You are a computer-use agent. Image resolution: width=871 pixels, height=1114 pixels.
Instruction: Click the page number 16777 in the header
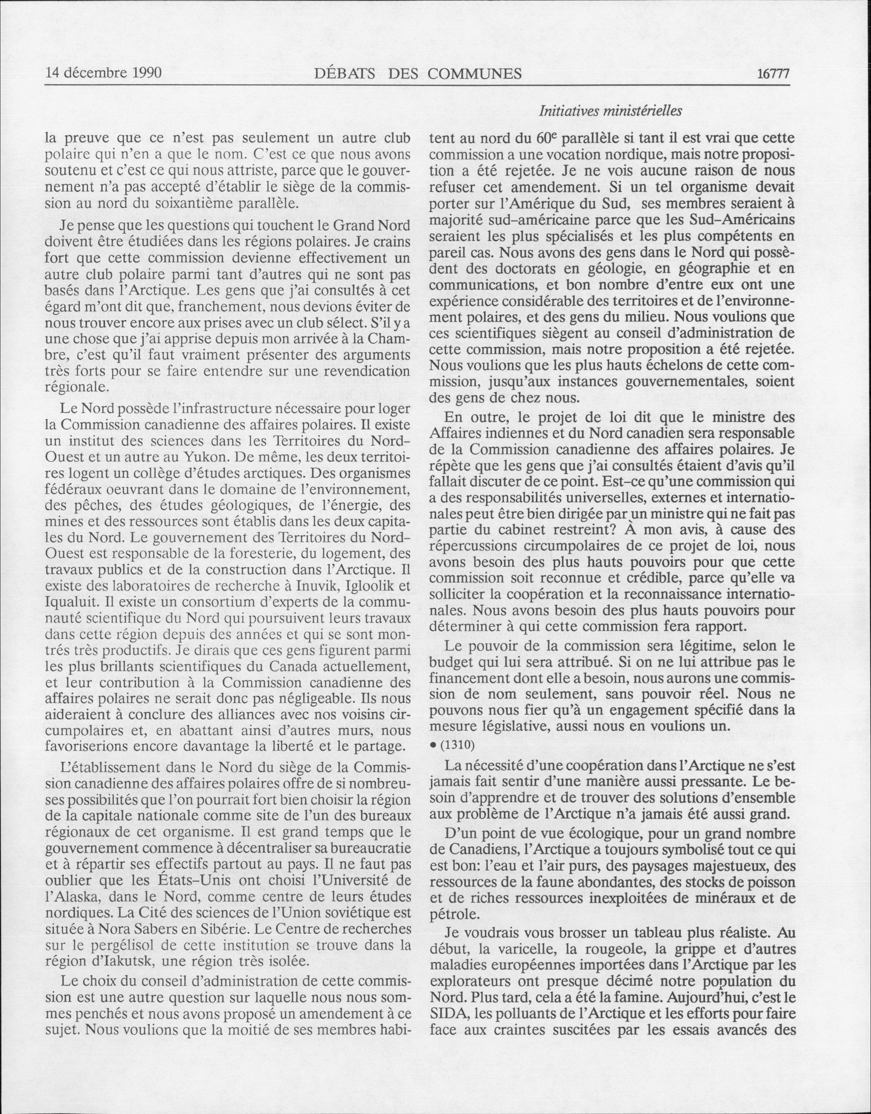(x=773, y=74)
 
